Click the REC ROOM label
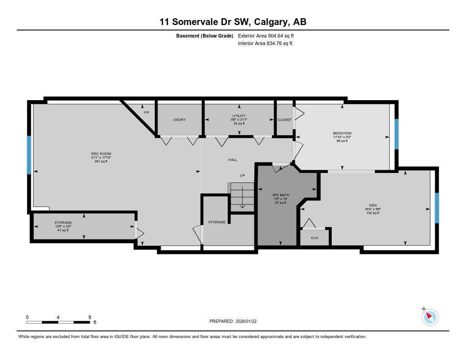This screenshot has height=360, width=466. tap(101, 154)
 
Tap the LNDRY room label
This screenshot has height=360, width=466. tap(179, 120)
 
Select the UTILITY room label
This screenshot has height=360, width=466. tap(239, 116)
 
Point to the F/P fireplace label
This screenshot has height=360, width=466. tap(146, 112)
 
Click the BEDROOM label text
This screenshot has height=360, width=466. tap(342, 133)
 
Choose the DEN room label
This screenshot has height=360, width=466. tap(373, 206)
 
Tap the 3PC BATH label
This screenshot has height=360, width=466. tap(281, 195)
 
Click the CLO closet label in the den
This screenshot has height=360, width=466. tap(314, 238)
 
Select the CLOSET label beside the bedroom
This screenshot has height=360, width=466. tap(284, 120)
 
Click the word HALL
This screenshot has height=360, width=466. tap(233, 160)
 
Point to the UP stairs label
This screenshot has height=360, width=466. tap(243, 175)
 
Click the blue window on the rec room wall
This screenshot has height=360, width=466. tap(29, 155)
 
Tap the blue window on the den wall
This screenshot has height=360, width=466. tap(437, 208)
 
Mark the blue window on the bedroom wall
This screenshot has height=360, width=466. tap(396, 134)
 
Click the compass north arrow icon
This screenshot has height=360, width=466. tap(430, 317)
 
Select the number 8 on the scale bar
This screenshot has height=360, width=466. tap(90, 317)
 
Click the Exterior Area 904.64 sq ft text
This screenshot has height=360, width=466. tap(266, 35)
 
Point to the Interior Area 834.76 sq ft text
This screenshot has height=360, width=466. tap(265, 44)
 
